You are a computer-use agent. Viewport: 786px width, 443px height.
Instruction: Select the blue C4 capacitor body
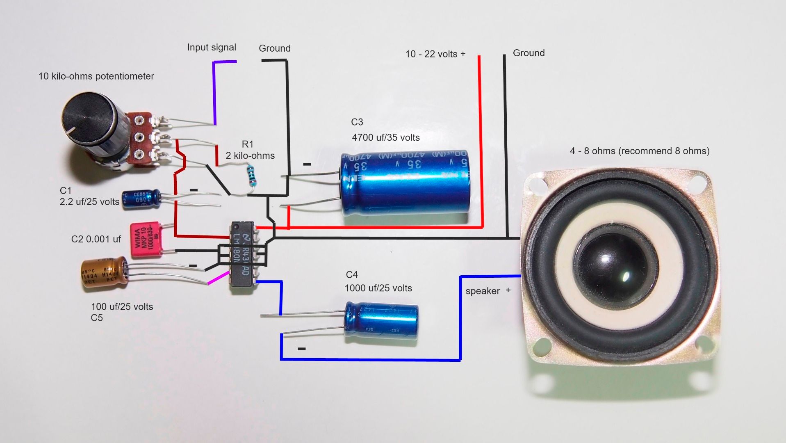(381, 320)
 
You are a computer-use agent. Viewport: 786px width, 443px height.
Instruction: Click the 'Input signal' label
(212, 47)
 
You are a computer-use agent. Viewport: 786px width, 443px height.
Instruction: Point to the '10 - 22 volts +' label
(435, 54)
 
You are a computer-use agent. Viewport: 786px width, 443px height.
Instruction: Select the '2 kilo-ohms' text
(250, 155)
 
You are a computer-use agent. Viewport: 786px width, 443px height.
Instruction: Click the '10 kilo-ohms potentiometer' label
(96, 76)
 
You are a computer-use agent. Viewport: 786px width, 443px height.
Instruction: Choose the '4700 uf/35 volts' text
(385, 137)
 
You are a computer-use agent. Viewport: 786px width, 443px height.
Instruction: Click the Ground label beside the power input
(529, 53)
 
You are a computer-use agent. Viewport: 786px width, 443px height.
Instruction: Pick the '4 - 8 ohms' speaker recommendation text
(639, 151)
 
